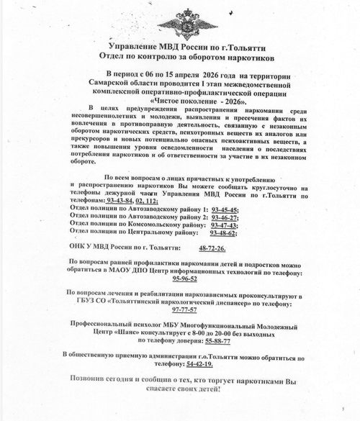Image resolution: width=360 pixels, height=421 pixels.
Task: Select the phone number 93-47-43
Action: (229, 225)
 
